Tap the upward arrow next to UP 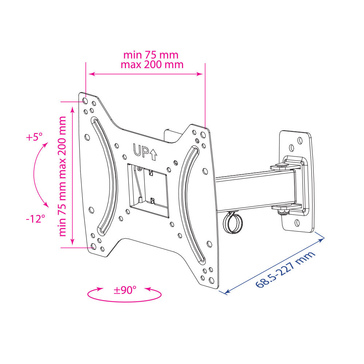(x=154, y=154)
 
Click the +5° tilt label (x=34, y=137)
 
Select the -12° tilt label (x=35, y=219)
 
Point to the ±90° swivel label (x=125, y=290)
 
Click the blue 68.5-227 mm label (x=285, y=269)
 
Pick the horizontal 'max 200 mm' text (x=152, y=64)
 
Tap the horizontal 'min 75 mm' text (x=151, y=55)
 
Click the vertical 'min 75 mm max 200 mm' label (x=63, y=177)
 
